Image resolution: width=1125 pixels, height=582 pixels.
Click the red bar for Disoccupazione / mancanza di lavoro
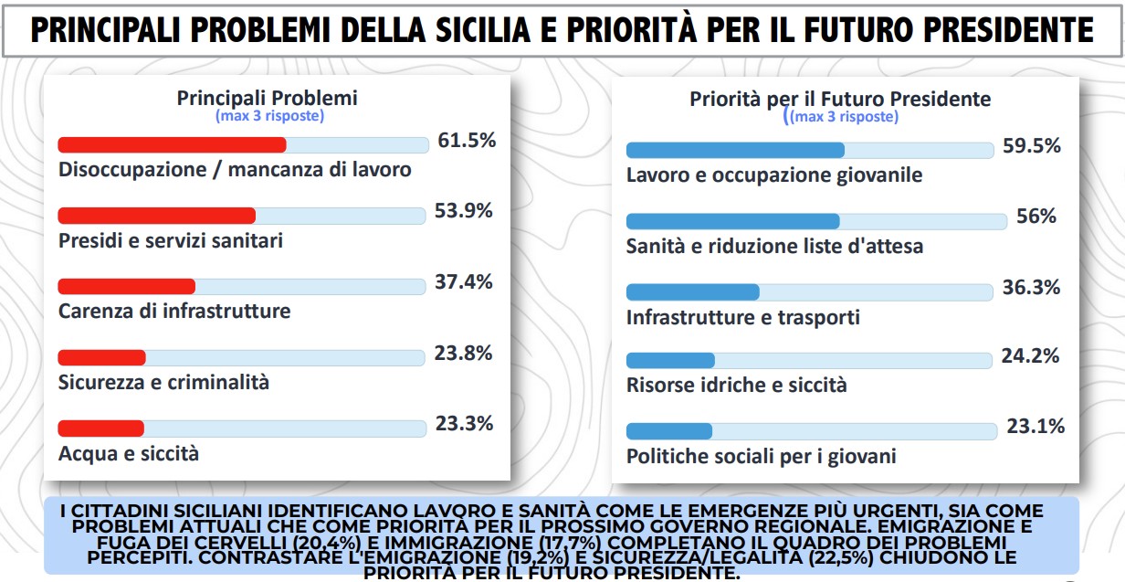click(x=172, y=144)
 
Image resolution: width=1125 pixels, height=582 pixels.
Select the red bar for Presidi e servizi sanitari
click(x=156, y=216)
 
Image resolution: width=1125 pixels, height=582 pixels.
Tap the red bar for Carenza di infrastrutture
click(x=126, y=286)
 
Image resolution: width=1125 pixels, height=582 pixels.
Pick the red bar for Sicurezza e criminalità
click(x=101, y=357)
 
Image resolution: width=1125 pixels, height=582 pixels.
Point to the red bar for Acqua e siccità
click(x=100, y=428)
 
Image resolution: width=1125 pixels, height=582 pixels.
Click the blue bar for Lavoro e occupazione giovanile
click(x=735, y=150)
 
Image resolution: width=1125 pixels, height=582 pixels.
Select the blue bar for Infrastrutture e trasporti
click(x=692, y=291)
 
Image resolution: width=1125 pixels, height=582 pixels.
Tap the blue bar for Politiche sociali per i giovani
click(x=668, y=431)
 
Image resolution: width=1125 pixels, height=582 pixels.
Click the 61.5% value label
click(x=467, y=141)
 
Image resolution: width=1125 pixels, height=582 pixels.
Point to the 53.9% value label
click(x=464, y=211)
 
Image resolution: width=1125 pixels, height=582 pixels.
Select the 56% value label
click(x=1036, y=217)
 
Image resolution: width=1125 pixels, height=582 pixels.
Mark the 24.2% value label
click(x=1030, y=355)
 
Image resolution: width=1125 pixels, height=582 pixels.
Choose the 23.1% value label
click(x=1036, y=426)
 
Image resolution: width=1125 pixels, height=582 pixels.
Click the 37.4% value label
click(x=464, y=282)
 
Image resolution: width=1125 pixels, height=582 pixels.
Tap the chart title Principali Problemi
click(x=268, y=98)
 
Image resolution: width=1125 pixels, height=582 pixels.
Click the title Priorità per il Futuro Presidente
click(x=840, y=99)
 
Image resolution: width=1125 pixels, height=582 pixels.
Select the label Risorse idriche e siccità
click(x=736, y=386)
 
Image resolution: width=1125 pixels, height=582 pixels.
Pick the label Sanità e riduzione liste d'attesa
click(x=774, y=247)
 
